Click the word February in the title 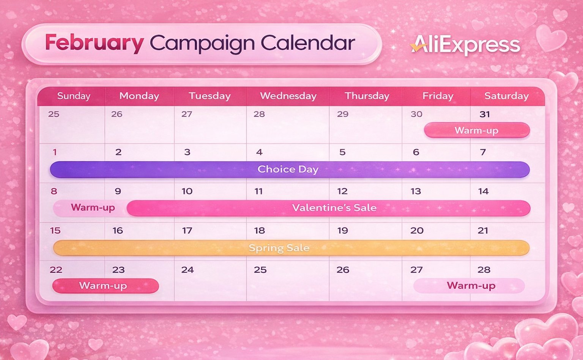click(x=94, y=43)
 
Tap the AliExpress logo click(x=465, y=45)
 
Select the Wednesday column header click(x=288, y=96)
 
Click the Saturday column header click(x=506, y=96)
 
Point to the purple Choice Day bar click(x=290, y=170)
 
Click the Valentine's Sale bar click(x=328, y=208)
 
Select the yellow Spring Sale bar click(x=291, y=248)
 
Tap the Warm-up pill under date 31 click(x=477, y=130)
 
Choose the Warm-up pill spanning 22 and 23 click(x=106, y=286)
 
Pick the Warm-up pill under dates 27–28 click(x=469, y=286)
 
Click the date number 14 click(x=483, y=192)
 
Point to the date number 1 click(x=55, y=152)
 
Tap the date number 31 click(x=485, y=114)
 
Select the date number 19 click(x=342, y=231)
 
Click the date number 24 click(x=188, y=270)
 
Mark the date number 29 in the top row click(x=342, y=114)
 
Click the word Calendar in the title click(x=308, y=42)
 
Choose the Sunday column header click(x=74, y=96)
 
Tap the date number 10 click(x=187, y=192)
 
